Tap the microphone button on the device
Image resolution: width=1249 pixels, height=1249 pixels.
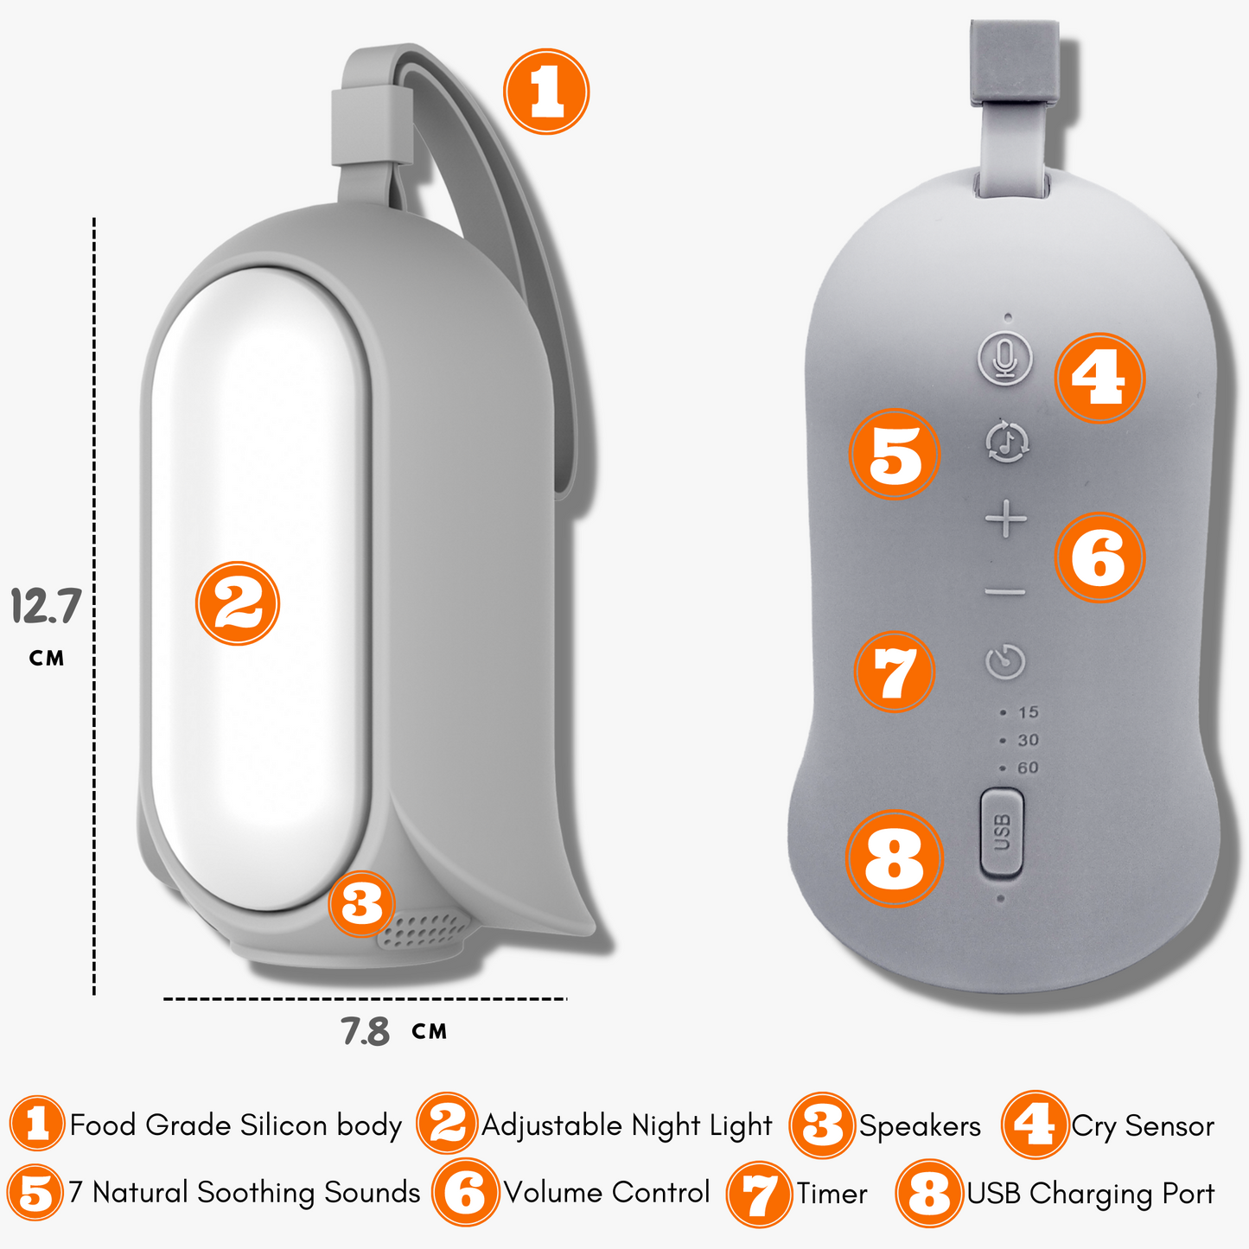click(x=1004, y=359)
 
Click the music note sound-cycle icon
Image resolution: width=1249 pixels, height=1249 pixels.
click(x=1007, y=442)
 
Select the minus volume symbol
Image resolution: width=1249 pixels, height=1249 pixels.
click(x=1005, y=592)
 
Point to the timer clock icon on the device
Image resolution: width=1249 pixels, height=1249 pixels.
click(x=1005, y=662)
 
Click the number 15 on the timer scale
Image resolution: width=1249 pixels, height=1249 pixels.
click(x=1028, y=712)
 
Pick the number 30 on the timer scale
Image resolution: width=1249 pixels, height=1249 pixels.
click(x=1028, y=740)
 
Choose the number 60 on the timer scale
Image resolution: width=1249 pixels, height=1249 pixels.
click(x=1028, y=768)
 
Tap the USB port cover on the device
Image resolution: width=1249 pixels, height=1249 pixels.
click(x=1002, y=832)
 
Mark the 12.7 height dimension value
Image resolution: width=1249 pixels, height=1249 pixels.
click(x=46, y=606)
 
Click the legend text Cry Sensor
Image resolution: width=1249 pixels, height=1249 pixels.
click(x=1143, y=1126)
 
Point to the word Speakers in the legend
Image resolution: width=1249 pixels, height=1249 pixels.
click(x=920, y=1127)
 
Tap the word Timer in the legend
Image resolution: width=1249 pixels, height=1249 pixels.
click(x=832, y=1194)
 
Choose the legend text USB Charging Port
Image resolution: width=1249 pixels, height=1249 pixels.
click(x=1090, y=1195)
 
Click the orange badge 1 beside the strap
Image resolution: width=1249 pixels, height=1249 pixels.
click(x=546, y=92)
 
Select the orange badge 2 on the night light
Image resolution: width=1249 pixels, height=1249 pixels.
click(x=238, y=603)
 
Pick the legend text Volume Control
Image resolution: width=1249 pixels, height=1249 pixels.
click(x=608, y=1193)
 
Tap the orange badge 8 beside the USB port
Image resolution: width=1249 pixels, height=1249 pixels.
click(x=895, y=858)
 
